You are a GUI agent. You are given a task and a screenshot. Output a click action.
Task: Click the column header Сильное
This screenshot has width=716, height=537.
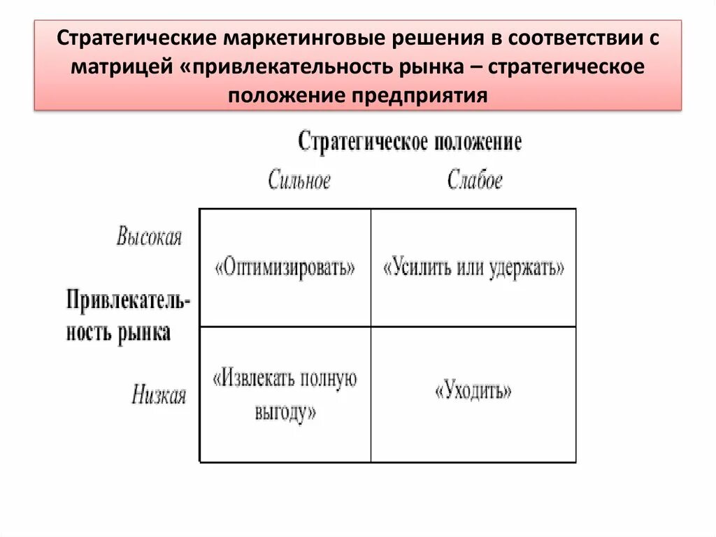click(299, 181)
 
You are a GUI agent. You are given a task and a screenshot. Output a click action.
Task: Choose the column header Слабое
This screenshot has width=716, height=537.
click(475, 181)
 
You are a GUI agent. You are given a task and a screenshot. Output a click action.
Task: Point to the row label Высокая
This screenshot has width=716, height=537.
click(149, 237)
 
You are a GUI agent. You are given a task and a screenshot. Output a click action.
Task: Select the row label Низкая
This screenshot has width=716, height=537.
click(159, 396)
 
